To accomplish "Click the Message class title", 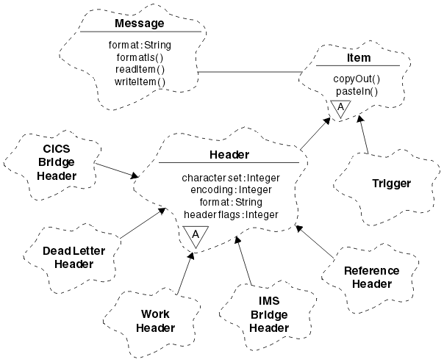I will [x=140, y=23].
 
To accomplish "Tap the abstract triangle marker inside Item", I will [x=339, y=109].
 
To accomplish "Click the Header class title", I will [x=229, y=155].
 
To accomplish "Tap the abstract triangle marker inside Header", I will [x=196, y=235].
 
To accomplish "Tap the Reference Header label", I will [x=371, y=277].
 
